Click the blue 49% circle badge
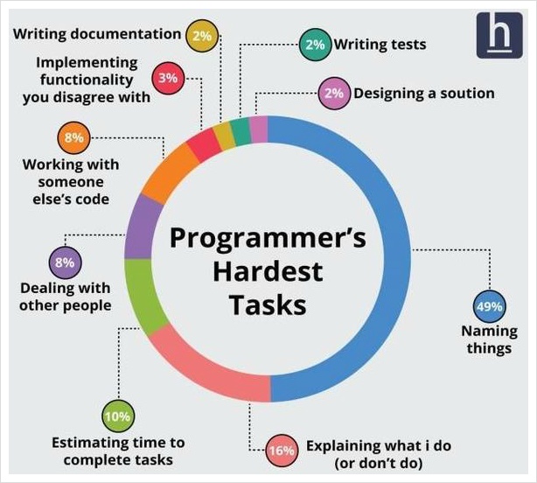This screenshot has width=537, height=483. [x=490, y=306]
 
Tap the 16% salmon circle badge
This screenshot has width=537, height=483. [x=282, y=451]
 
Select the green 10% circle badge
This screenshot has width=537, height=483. [x=118, y=416]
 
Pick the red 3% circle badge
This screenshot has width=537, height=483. [x=168, y=78]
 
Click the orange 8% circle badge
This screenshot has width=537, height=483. [x=73, y=137]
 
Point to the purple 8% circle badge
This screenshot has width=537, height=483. [x=65, y=262]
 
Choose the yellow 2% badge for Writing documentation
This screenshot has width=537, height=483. [x=202, y=36]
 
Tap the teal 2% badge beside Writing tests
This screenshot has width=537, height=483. [x=315, y=45]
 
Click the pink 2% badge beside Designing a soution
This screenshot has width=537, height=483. [x=334, y=93]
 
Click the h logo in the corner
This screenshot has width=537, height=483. [x=499, y=35]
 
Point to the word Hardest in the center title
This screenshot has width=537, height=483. [x=268, y=271]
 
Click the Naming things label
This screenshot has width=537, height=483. [x=490, y=339]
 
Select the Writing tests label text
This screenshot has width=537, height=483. [x=380, y=45]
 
